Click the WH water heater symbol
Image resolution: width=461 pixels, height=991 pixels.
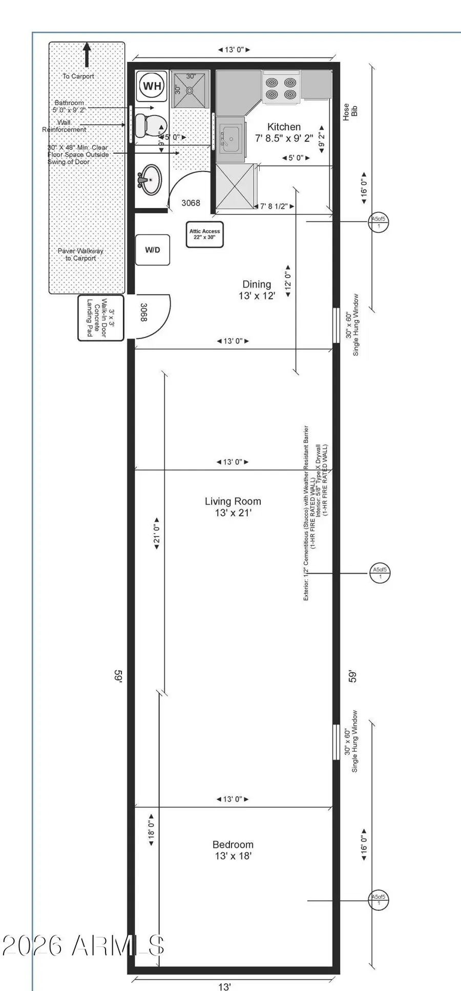152,86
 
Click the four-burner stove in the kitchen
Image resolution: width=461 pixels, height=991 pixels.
281,88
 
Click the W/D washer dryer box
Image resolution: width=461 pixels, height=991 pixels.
152,250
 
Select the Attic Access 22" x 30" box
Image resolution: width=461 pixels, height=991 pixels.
204,235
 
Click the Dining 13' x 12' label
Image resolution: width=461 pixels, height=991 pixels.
257,289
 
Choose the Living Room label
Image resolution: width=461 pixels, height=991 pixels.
233,507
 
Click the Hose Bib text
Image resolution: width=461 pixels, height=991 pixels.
350,111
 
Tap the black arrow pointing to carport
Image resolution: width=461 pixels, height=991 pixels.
87,54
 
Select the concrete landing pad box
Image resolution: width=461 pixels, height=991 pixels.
100,318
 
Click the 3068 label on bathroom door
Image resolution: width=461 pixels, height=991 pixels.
191,203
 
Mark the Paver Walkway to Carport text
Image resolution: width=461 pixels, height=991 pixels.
80,255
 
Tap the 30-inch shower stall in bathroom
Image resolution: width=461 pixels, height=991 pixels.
190,89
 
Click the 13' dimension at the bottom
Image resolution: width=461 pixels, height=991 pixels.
224,986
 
